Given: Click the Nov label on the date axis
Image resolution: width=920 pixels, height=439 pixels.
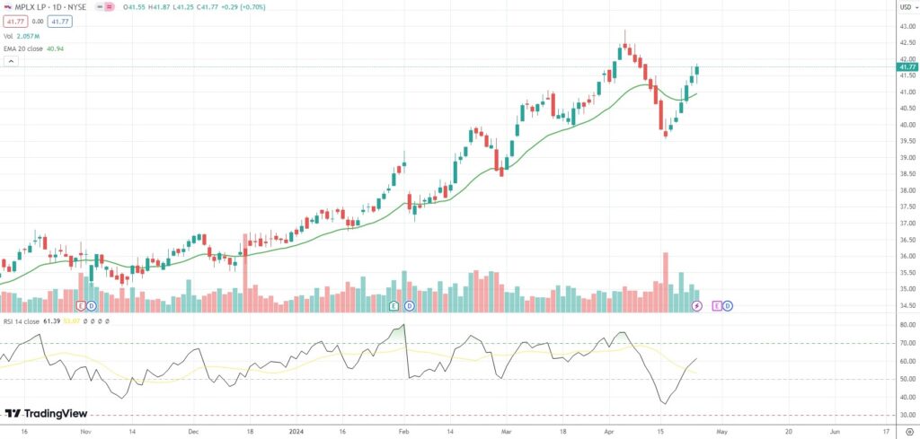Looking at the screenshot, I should [85, 431].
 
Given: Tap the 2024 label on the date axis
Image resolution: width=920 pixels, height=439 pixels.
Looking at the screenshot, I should [298, 431].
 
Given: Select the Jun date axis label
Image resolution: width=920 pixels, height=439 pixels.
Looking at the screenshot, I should [836, 431].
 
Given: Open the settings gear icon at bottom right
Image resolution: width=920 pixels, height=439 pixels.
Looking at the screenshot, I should [907, 431].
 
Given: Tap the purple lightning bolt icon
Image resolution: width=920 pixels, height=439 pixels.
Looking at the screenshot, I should [696, 306].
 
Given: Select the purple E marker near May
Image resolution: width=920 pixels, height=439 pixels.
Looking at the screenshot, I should [716, 306].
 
